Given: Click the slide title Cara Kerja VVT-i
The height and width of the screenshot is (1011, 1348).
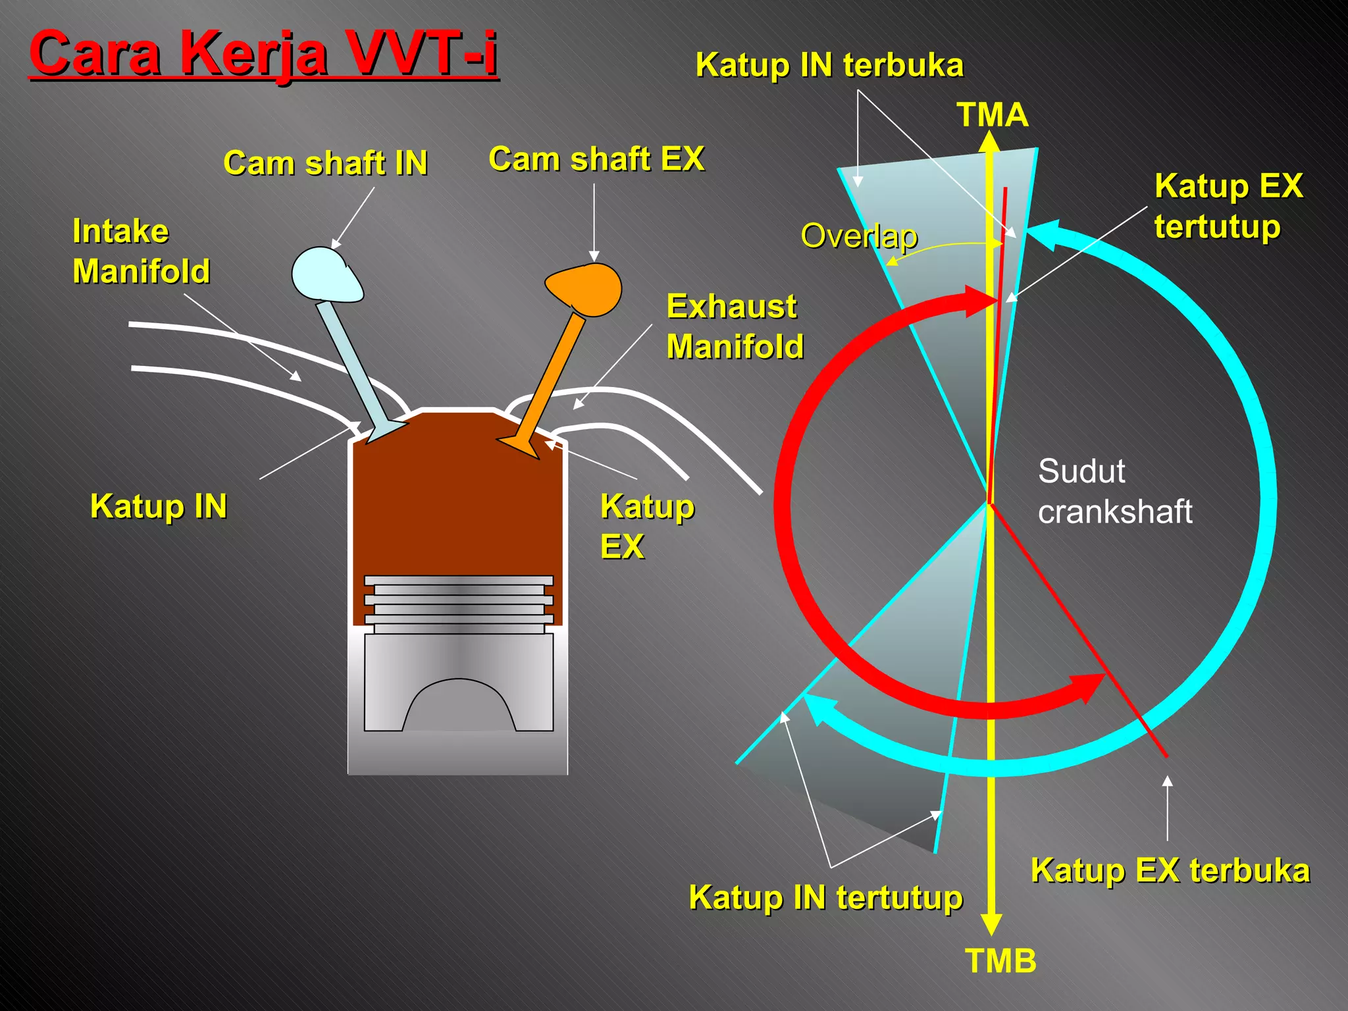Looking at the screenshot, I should coord(263,53).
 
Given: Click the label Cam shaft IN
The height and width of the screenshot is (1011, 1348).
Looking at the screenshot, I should coord(325,163).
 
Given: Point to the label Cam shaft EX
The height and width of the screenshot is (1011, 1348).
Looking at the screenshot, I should coord(596,159).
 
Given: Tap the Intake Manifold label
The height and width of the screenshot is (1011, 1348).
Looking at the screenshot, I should coord(141,251).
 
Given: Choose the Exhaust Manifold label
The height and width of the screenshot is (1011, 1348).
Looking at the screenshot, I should coord(735,326).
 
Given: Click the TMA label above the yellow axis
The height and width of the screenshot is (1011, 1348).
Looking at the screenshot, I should coord(992,115).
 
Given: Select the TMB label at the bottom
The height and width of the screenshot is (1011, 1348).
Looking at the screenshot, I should coord(1000,961).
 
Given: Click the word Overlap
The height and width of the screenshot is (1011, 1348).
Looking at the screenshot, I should coord(858,236).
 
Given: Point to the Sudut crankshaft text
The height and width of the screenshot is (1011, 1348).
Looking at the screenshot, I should coord(1114,491).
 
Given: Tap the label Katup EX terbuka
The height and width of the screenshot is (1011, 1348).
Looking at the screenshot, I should coord(1170,870).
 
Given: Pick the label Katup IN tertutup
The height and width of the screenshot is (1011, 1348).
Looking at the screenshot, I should coord(825,897).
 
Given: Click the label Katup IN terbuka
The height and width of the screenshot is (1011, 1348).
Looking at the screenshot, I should coord(829,65).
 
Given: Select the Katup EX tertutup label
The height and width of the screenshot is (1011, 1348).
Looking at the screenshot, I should coord(1228,205).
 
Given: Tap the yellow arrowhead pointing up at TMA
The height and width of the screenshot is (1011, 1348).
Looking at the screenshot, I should coord(989,142).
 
